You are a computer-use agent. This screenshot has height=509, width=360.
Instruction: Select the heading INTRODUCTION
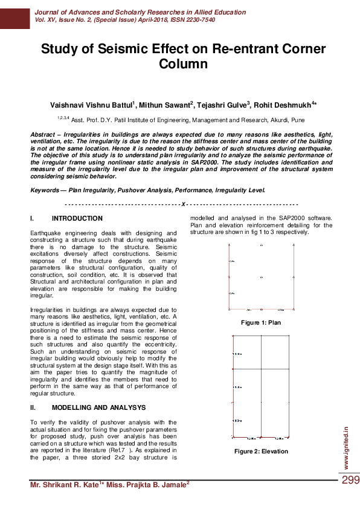77,218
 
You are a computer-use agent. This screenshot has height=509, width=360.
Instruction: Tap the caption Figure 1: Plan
261,323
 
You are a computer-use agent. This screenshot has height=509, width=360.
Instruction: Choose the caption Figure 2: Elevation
261,452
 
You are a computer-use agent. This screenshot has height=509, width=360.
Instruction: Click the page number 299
350,481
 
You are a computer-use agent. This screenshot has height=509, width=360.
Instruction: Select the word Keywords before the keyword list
45,190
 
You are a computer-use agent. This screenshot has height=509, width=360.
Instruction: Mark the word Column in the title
183,63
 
